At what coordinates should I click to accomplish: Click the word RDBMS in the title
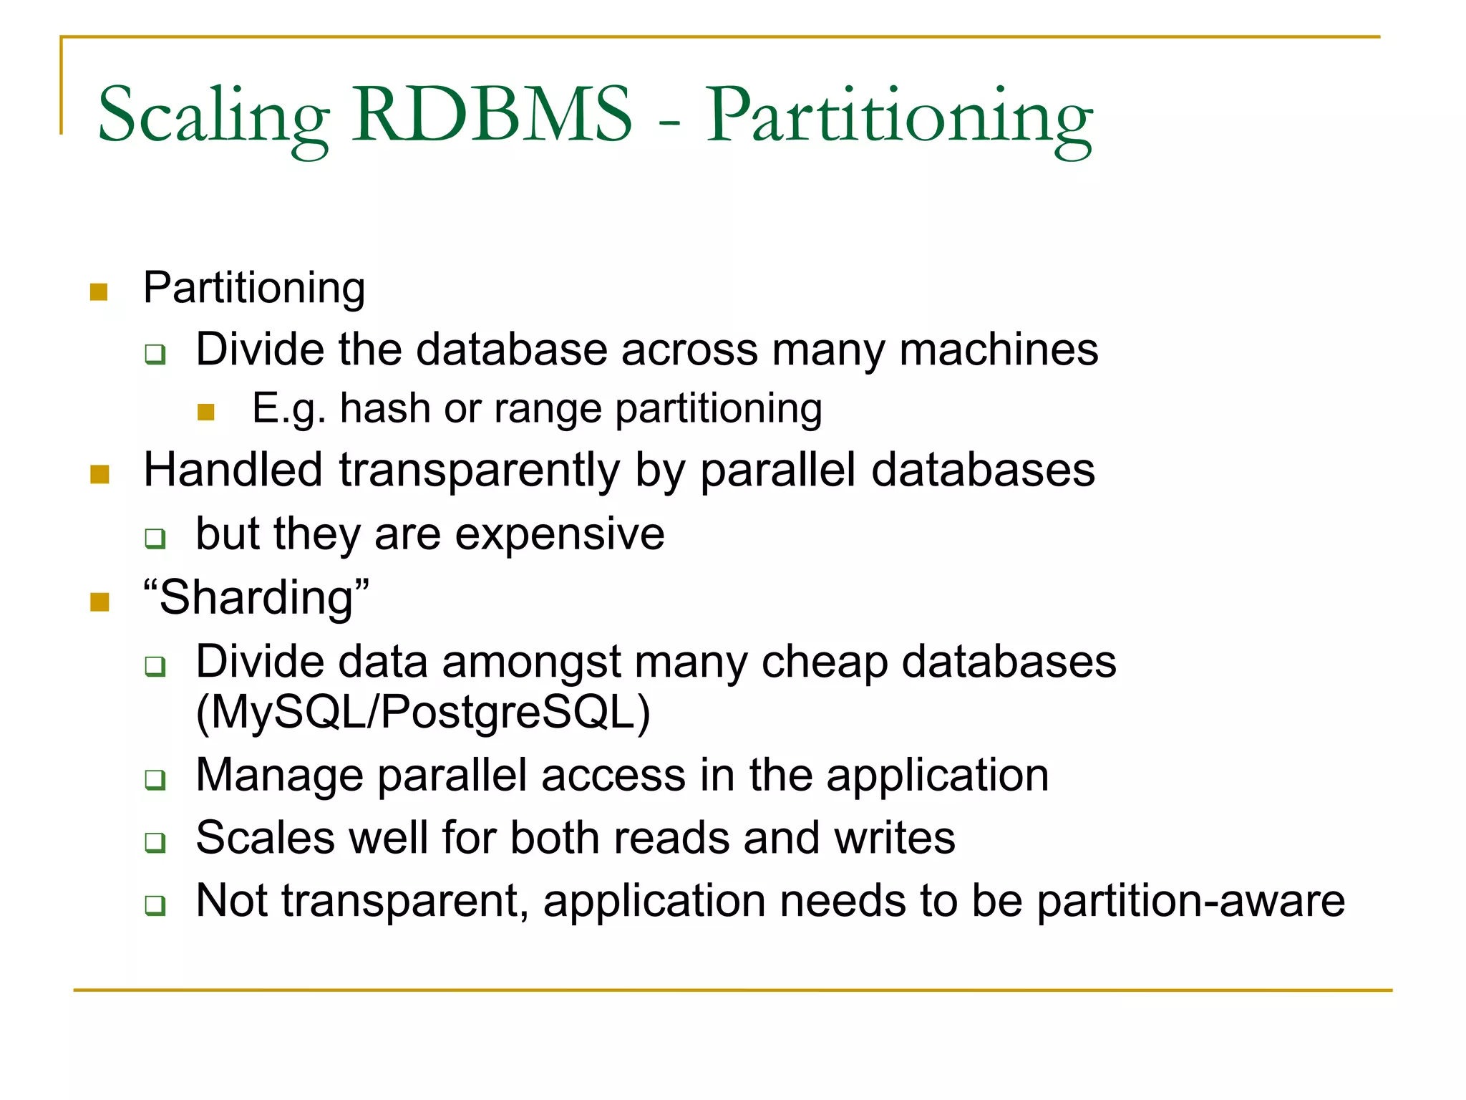[x=492, y=115]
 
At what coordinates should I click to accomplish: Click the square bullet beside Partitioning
[x=99, y=291]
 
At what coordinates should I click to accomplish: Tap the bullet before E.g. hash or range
[x=206, y=412]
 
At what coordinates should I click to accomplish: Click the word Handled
[x=233, y=471]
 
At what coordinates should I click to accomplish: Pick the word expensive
[x=560, y=534]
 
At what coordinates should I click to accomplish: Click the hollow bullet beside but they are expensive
[x=155, y=538]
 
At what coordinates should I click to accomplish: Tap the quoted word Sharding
[x=256, y=598]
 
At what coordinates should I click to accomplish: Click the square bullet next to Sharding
[x=99, y=602]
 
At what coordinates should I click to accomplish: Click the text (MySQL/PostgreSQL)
[x=423, y=713]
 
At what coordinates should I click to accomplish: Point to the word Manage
[x=279, y=776]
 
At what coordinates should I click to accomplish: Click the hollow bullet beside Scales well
[x=155, y=842]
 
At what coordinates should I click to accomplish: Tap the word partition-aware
[x=1191, y=901]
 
